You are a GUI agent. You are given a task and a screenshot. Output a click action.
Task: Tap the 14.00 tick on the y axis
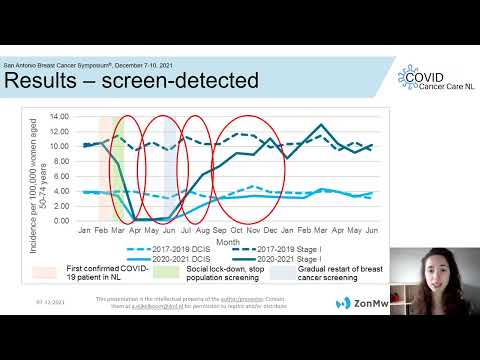click(x=57, y=116)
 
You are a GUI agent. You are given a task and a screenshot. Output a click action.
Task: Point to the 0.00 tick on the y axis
click(x=59, y=220)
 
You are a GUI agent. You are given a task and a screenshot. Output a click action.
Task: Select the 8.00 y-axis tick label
click(x=59, y=161)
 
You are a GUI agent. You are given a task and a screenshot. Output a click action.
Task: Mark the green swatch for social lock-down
click(x=164, y=275)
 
